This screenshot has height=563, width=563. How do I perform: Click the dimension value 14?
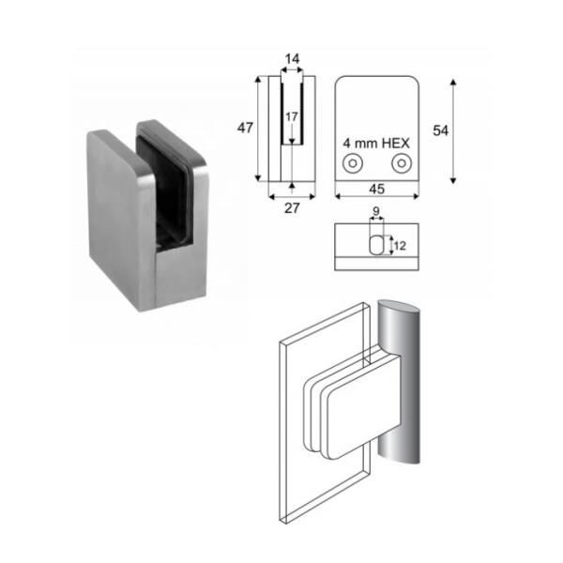292,59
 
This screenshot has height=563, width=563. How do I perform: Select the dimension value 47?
245,128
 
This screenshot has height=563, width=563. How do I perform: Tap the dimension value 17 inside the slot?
292,116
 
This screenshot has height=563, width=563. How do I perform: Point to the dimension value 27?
292,208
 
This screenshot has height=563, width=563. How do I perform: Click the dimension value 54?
441,130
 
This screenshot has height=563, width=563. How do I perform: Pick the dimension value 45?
377,189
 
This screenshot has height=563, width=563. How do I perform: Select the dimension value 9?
376,211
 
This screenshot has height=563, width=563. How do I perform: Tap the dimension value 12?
400,246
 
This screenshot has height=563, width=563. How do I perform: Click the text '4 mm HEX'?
376,144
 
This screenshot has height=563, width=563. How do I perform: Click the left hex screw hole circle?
353,163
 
